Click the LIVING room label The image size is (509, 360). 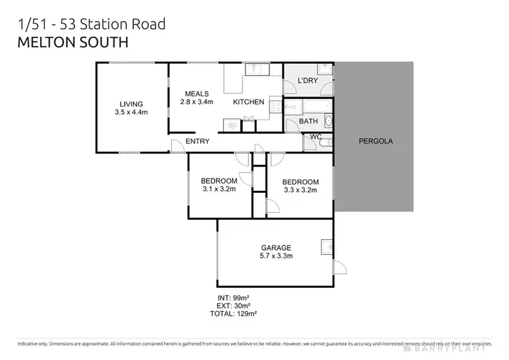131,104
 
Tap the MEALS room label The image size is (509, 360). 197,94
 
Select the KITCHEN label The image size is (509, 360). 248,102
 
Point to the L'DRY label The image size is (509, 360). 308,82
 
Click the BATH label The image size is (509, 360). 308,122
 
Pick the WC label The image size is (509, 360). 315,137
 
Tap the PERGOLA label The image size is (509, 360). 376,141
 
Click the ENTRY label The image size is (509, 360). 197,141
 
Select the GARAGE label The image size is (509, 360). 276,247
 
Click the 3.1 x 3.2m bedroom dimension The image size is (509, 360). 219,190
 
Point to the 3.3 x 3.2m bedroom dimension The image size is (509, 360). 301,190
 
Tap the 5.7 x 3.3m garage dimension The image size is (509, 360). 276,256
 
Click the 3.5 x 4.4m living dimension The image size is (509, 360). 131,113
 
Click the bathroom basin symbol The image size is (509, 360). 329,121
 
